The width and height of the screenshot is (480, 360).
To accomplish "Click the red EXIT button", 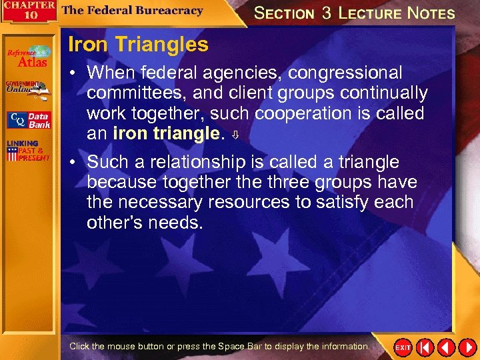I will click(x=403, y=347).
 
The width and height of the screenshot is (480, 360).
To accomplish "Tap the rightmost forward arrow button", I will click(x=466, y=347).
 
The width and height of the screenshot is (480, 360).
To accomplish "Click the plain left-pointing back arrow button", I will click(x=445, y=347).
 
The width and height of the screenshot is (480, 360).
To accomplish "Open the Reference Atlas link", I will click(x=29, y=57).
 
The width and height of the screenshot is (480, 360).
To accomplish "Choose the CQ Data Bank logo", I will click(x=29, y=121).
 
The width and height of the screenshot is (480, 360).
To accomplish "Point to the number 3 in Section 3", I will click(x=327, y=13).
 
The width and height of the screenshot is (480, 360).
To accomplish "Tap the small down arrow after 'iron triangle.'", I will click(x=234, y=135).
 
